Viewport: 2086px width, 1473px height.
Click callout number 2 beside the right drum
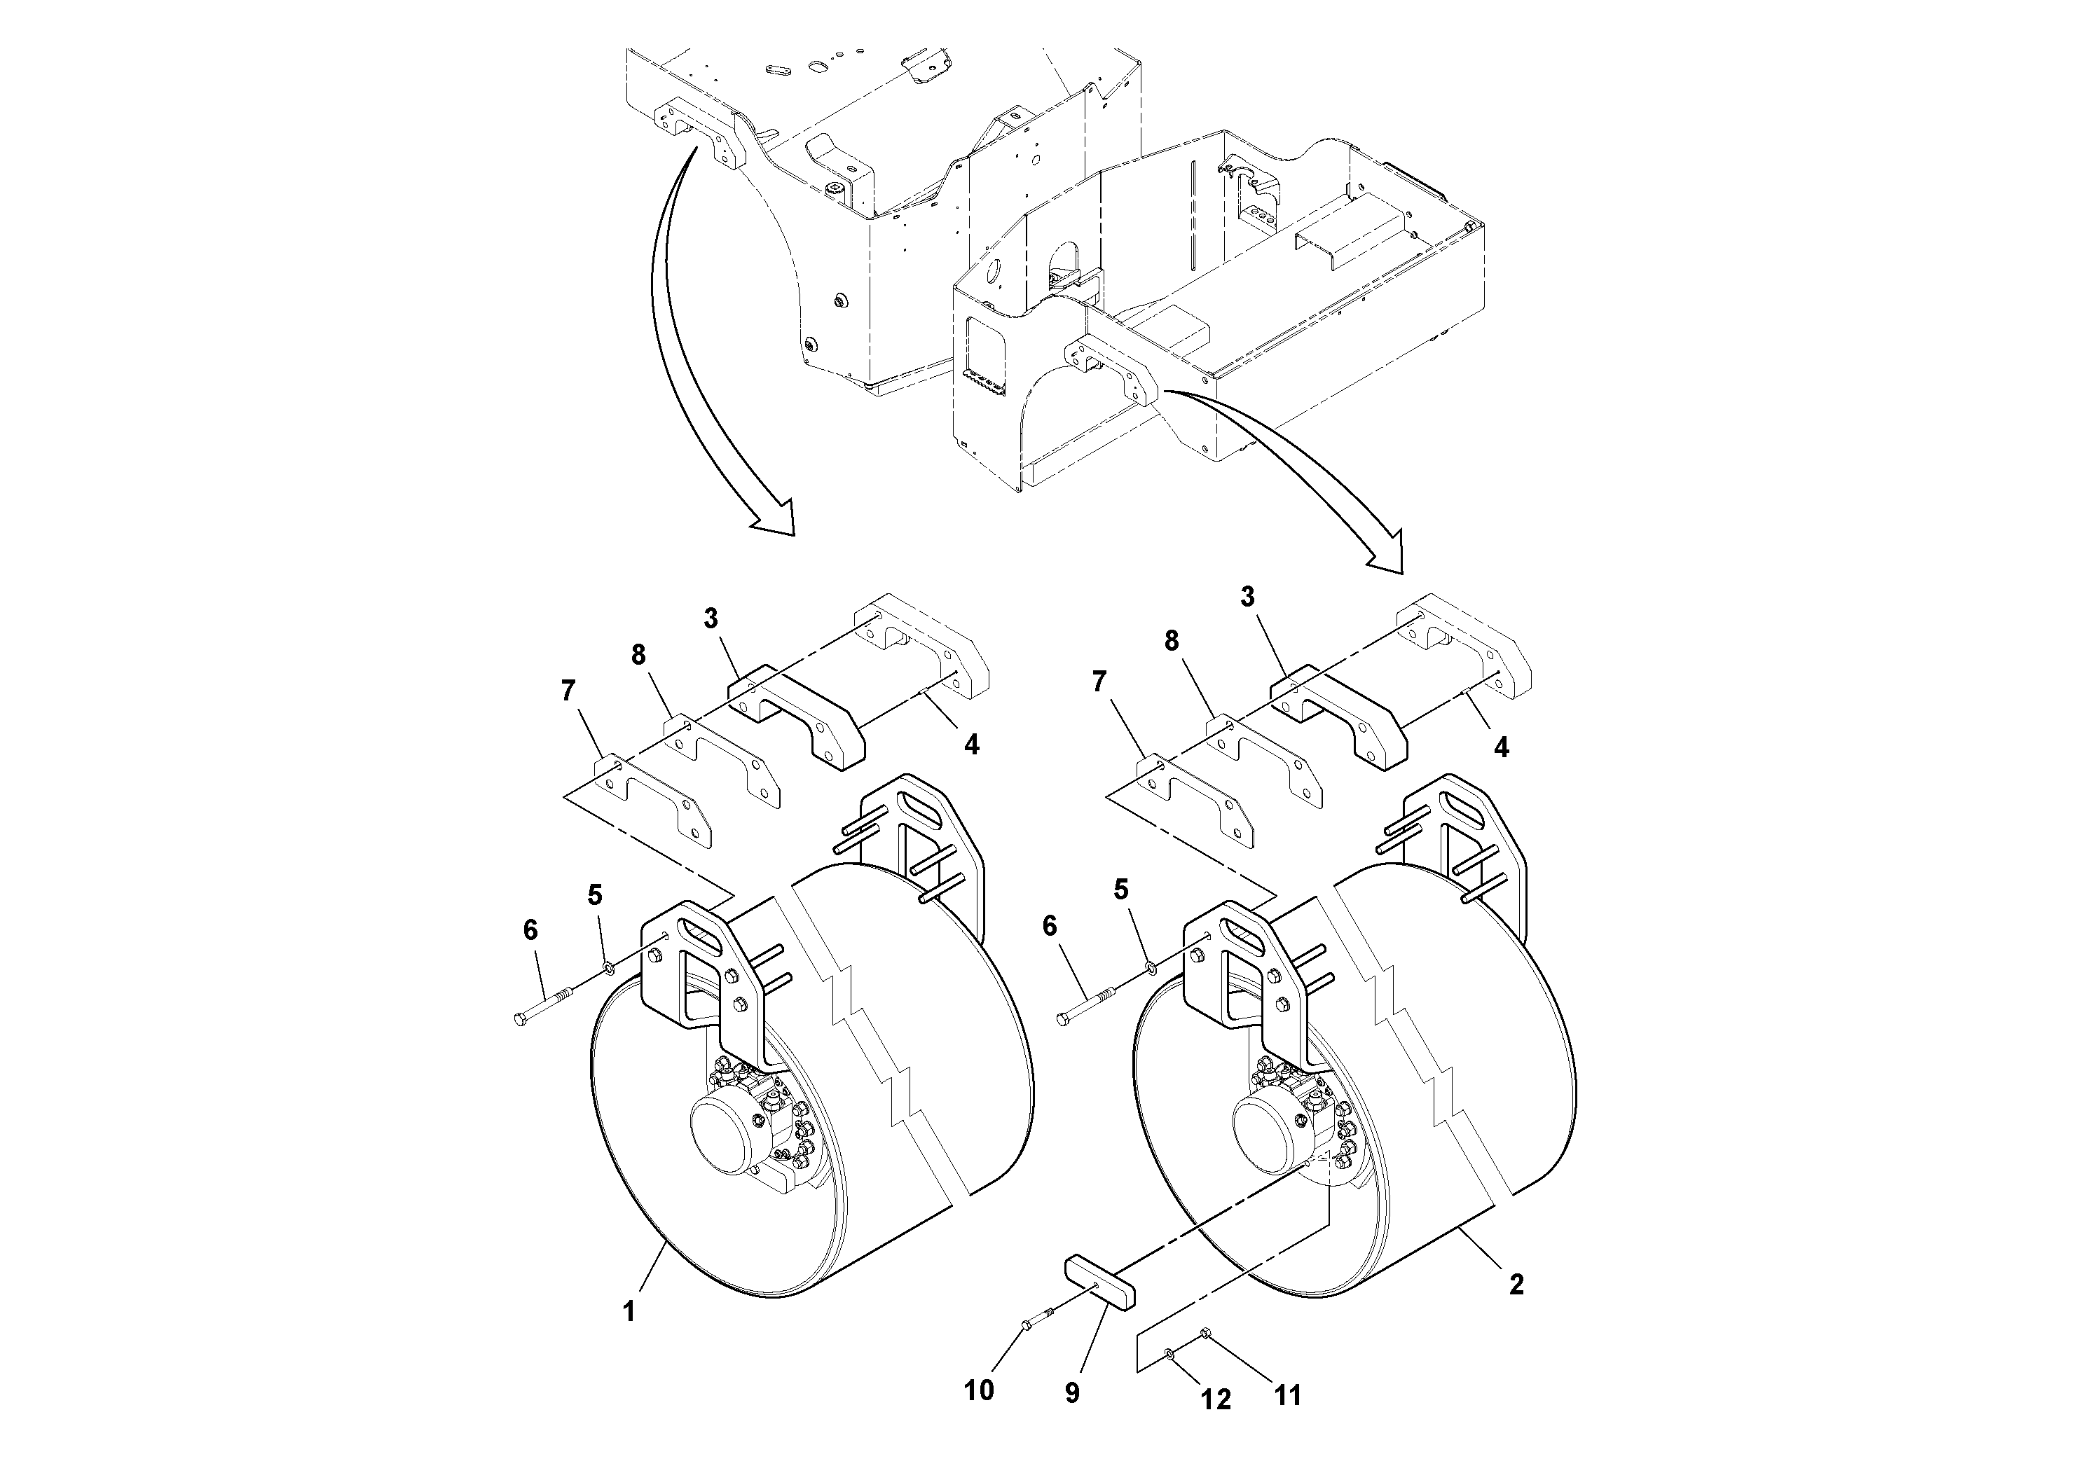(1516, 1284)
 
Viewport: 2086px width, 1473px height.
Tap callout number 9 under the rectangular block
(1072, 1393)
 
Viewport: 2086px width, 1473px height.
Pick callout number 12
(1216, 1399)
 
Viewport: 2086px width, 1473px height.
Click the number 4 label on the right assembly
(1501, 747)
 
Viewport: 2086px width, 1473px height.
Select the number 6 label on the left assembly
(530, 930)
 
